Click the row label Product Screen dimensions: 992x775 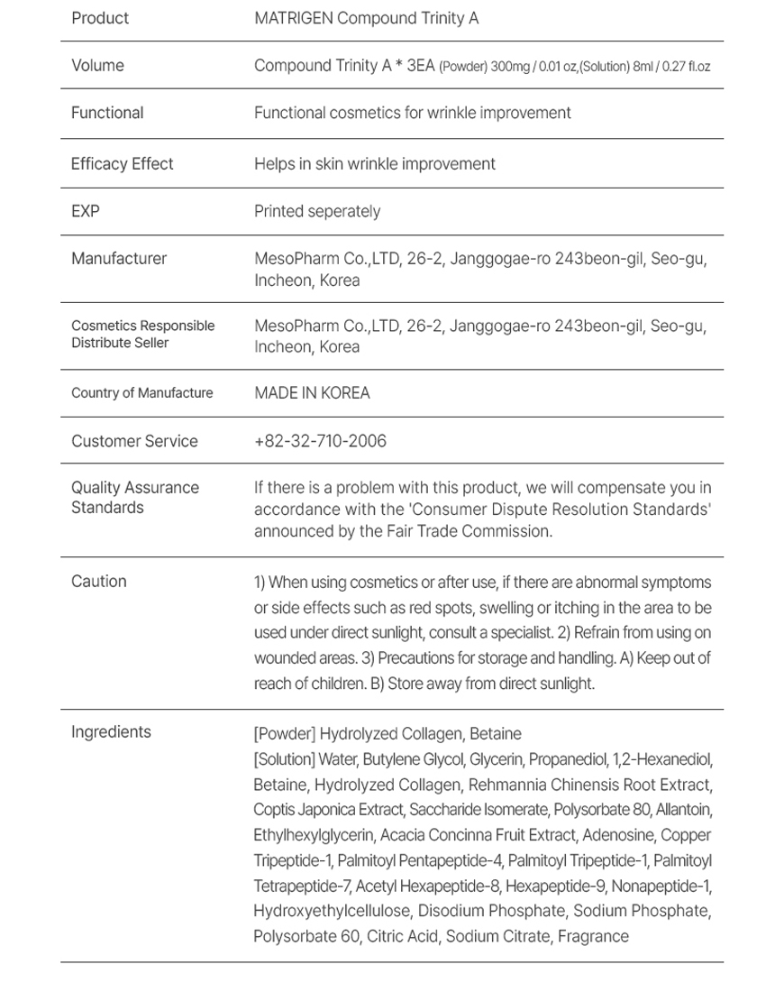[x=100, y=18]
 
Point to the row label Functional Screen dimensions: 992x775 [x=107, y=113]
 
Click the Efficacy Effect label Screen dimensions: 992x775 [x=123, y=163]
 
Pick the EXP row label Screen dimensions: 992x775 [x=86, y=211]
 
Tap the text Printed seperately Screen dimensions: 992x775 [x=317, y=211]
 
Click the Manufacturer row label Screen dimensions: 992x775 [x=119, y=259]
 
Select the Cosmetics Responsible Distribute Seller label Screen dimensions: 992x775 [x=142, y=334]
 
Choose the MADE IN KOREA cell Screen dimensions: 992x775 [x=312, y=393]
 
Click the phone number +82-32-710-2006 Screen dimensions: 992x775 [x=320, y=441]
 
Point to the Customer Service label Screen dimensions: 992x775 [x=134, y=441]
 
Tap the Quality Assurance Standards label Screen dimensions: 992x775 [x=135, y=498]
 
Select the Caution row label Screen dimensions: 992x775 [x=99, y=582]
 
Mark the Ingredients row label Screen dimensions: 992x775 [x=111, y=731]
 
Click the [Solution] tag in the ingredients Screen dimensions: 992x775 [x=284, y=759]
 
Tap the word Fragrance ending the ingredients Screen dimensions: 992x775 [x=593, y=936]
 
